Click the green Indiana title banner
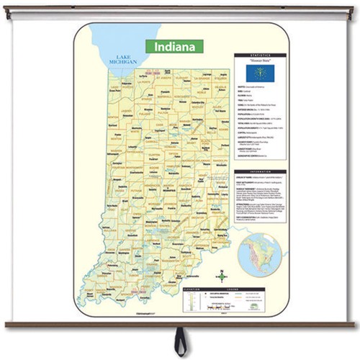pyautogui.click(x=174, y=47)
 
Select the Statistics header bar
pyautogui.click(x=260, y=55)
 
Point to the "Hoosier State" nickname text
pyautogui.click(x=260, y=62)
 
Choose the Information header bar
pyautogui.click(x=260, y=172)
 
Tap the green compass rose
pyautogui.click(x=222, y=277)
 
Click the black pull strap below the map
pyautogui.click(x=180, y=341)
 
